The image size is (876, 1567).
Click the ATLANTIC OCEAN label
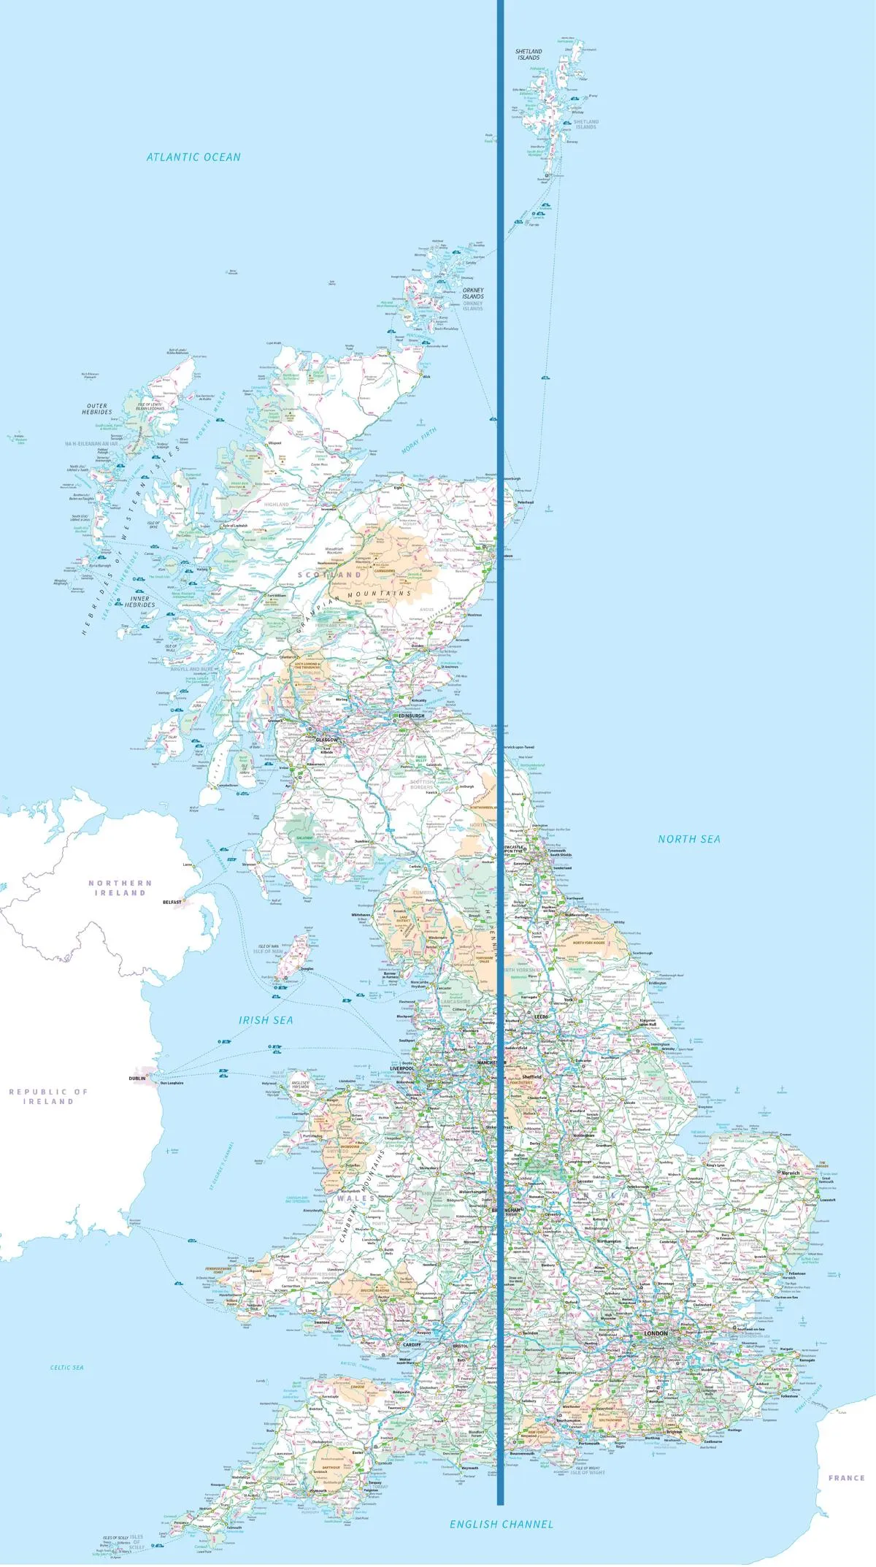click(193, 157)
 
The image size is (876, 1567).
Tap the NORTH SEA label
click(689, 839)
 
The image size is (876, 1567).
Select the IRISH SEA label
click(266, 1020)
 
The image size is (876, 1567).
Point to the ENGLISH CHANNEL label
click(502, 1524)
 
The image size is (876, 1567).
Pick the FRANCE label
click(846, 1477)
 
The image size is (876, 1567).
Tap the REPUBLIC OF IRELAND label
click(48, 1096)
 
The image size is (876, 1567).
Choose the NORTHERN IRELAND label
click(120, 888)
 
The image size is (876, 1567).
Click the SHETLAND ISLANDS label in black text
click(529, 55)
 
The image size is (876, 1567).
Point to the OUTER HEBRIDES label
click(97, 409)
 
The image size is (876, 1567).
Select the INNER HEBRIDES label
click(139, 602)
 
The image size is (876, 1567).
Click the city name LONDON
click(656, 1333)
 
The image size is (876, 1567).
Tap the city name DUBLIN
click(137, 1078)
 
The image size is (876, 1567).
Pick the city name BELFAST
click(172, 902)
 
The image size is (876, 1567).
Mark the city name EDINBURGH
click(411, 716)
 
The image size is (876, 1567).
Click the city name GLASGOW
click(326, 740)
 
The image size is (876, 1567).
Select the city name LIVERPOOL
click(401, 1068)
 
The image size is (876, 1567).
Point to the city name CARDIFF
click(411, 1344)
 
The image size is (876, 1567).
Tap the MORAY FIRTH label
click(419, 441)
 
